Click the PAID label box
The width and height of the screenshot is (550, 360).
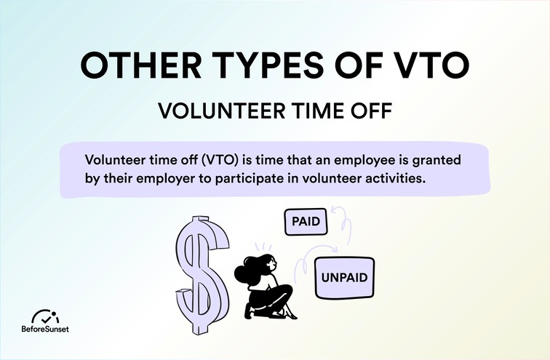[306, 222]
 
